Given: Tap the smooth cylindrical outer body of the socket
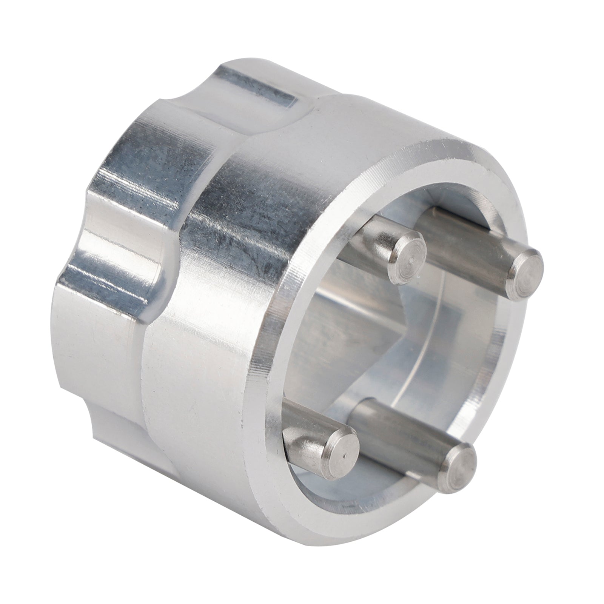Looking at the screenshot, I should pyautogui.click(x=211, y=359).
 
